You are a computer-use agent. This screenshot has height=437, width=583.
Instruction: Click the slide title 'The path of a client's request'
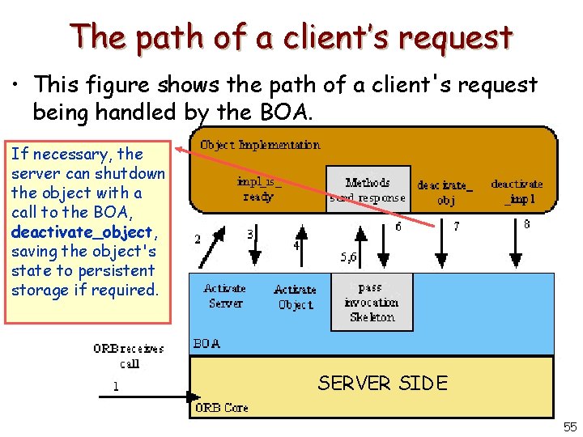pyautogui.click(x=291, y=36)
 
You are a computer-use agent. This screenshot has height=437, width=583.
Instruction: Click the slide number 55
pyautogui.click(x=568, y=426)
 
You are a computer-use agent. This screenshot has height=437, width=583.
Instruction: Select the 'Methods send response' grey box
pyautogui.click(x=368, y=190)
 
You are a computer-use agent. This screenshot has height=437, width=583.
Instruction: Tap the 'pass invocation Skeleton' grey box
pyautogui.click(x=371, y=303)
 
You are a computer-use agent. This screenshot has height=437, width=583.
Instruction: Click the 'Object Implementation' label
pyautogui.click(x=260, y=146)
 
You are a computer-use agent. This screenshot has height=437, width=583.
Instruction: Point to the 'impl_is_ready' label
pyautogui.click(x=258, y=189)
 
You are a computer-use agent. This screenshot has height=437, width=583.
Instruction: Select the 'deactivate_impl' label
pyautogui.click(x=517, y=191)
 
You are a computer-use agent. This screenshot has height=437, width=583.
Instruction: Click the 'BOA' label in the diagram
pyautogui.click(x=207, y=343)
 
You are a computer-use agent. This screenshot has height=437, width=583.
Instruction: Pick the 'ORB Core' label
pyautogui.click(x=221, y=408)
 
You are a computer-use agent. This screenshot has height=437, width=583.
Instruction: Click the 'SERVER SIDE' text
pyautogui.click(x=382, y=383)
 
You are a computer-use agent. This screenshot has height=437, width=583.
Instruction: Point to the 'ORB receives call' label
pyautogui.click(x=129, y=356)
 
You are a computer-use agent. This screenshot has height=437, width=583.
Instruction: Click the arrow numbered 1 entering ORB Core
pyautogui.click(x=146, y=397)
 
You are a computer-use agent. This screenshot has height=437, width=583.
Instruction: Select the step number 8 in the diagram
pyautogui.click(x=527, y=224)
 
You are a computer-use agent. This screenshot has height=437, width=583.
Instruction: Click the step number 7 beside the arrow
pyautogui.click(x=456, y=227)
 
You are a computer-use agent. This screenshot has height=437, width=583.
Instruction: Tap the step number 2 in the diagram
pyautogui.click(x=198, y=239)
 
